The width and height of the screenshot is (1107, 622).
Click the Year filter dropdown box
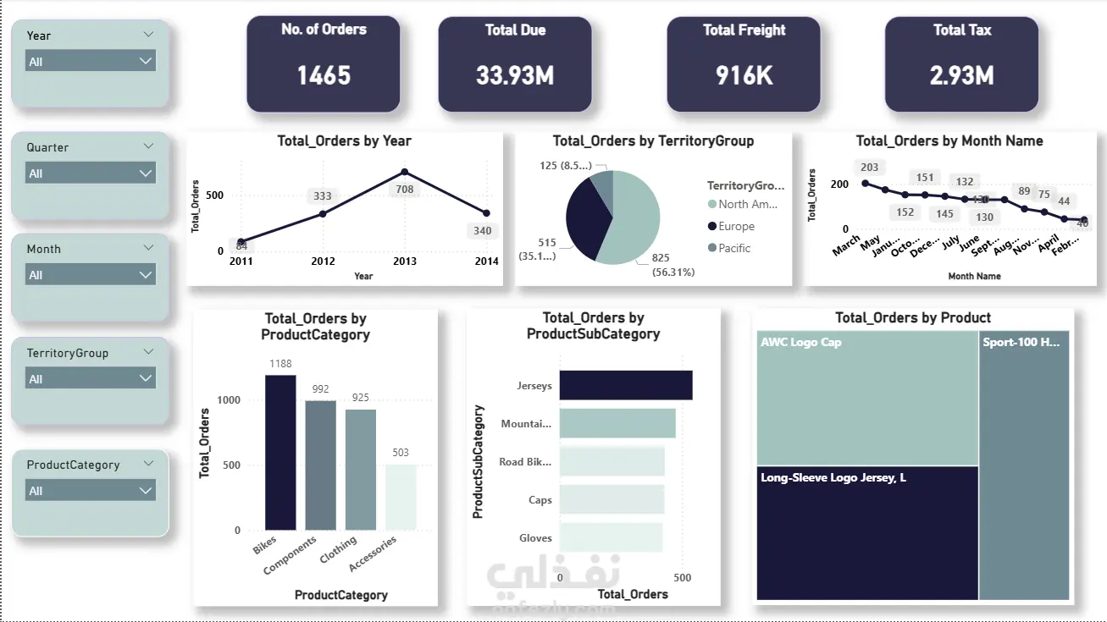tap(90, 62)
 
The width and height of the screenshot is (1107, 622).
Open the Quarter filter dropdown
tap(90, 173)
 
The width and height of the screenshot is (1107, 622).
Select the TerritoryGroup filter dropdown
tap(90, 379)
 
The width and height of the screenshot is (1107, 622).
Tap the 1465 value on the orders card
tap(324, 76)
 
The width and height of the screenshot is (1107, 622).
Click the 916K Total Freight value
tap(744, 76)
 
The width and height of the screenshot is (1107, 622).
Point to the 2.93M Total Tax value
tap(961, 76)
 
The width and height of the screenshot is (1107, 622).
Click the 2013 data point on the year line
tap(405, 172)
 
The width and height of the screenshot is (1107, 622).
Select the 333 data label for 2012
tap(323, 196)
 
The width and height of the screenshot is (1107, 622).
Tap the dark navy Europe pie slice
tap(584, 220)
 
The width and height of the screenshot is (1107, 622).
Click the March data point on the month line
tap(865, 183)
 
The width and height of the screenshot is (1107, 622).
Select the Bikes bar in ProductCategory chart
tap(280, 453)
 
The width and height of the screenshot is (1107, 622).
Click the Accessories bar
tap(401, 498)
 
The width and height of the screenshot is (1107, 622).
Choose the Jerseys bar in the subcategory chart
tap(625, 385)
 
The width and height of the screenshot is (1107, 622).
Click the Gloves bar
tap(611, 537)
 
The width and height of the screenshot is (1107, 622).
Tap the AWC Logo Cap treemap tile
tap(866, 398)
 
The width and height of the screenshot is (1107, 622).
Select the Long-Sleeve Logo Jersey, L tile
tap(866, 533)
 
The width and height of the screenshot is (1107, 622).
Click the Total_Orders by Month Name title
tap(949, 141)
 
